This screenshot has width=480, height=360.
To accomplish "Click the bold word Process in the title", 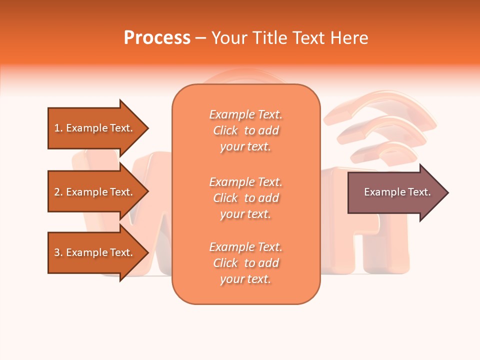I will tap(157, 38).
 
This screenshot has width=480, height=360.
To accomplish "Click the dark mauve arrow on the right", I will tap(395, 192).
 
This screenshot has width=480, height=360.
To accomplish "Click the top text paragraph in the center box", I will tap(245, 130).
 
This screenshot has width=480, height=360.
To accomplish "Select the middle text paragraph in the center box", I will tap(245, 198).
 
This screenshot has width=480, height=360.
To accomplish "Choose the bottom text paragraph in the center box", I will tap(245, 263).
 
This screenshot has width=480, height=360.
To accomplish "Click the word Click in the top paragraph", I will tap(225, 130).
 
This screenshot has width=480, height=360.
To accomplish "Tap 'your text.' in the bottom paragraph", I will tap(245, 279).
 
